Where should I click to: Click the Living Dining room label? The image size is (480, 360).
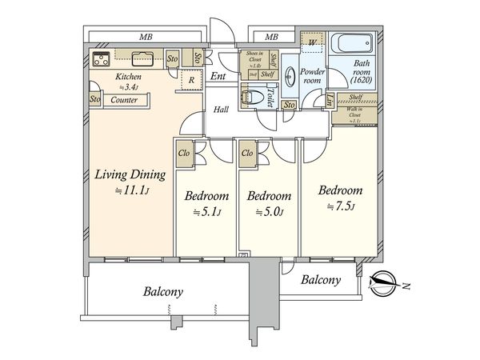click(x=130, y=175)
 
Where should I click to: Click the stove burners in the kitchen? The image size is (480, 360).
click(x=101, y=58)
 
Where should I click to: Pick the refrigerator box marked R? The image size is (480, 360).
click(x=191, y=79)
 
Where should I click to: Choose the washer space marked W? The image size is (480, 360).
click(x=310, y=42)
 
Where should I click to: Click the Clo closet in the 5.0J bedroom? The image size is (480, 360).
click(x=246, y=153)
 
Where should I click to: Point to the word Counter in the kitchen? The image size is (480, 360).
click(x=122, y=100)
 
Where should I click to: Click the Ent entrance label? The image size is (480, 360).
click(x=219, y=78)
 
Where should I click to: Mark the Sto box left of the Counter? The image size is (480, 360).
click(x=94, y=100)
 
